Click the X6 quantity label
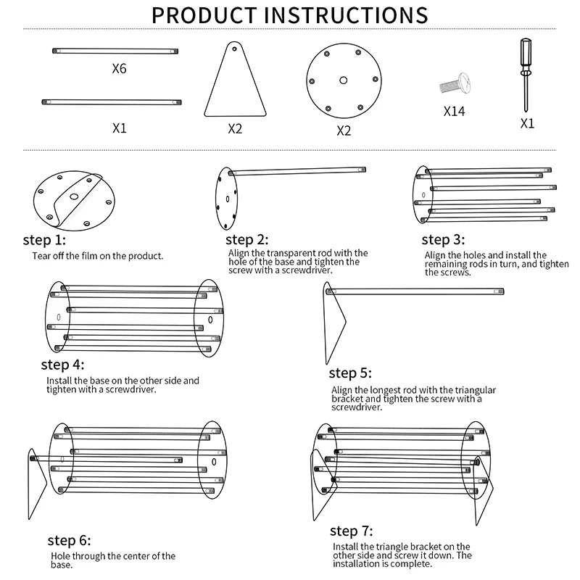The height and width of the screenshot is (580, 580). pos(119,70)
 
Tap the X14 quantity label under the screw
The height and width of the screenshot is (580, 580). pos(454,112)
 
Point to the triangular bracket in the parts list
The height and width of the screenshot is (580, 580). pos(234,83)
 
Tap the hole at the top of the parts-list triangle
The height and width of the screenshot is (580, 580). pos(234,49)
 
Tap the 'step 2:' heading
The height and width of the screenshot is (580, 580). pos(247,240)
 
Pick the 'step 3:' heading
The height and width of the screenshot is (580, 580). pos(443,240)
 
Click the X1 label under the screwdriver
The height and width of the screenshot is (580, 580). pos(527,124)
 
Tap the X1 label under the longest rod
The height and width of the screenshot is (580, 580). pos(120,128)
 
